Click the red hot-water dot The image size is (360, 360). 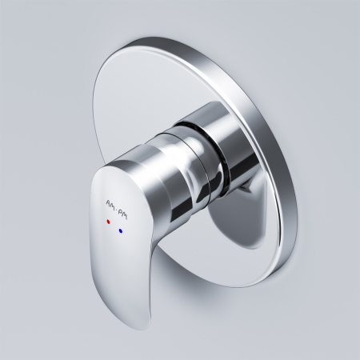pyautogui.click(x=108, y=222)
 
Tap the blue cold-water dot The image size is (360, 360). pyautogui.click(x=121, y=230)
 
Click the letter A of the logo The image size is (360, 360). pyautogui.click(x=108, y=202)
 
